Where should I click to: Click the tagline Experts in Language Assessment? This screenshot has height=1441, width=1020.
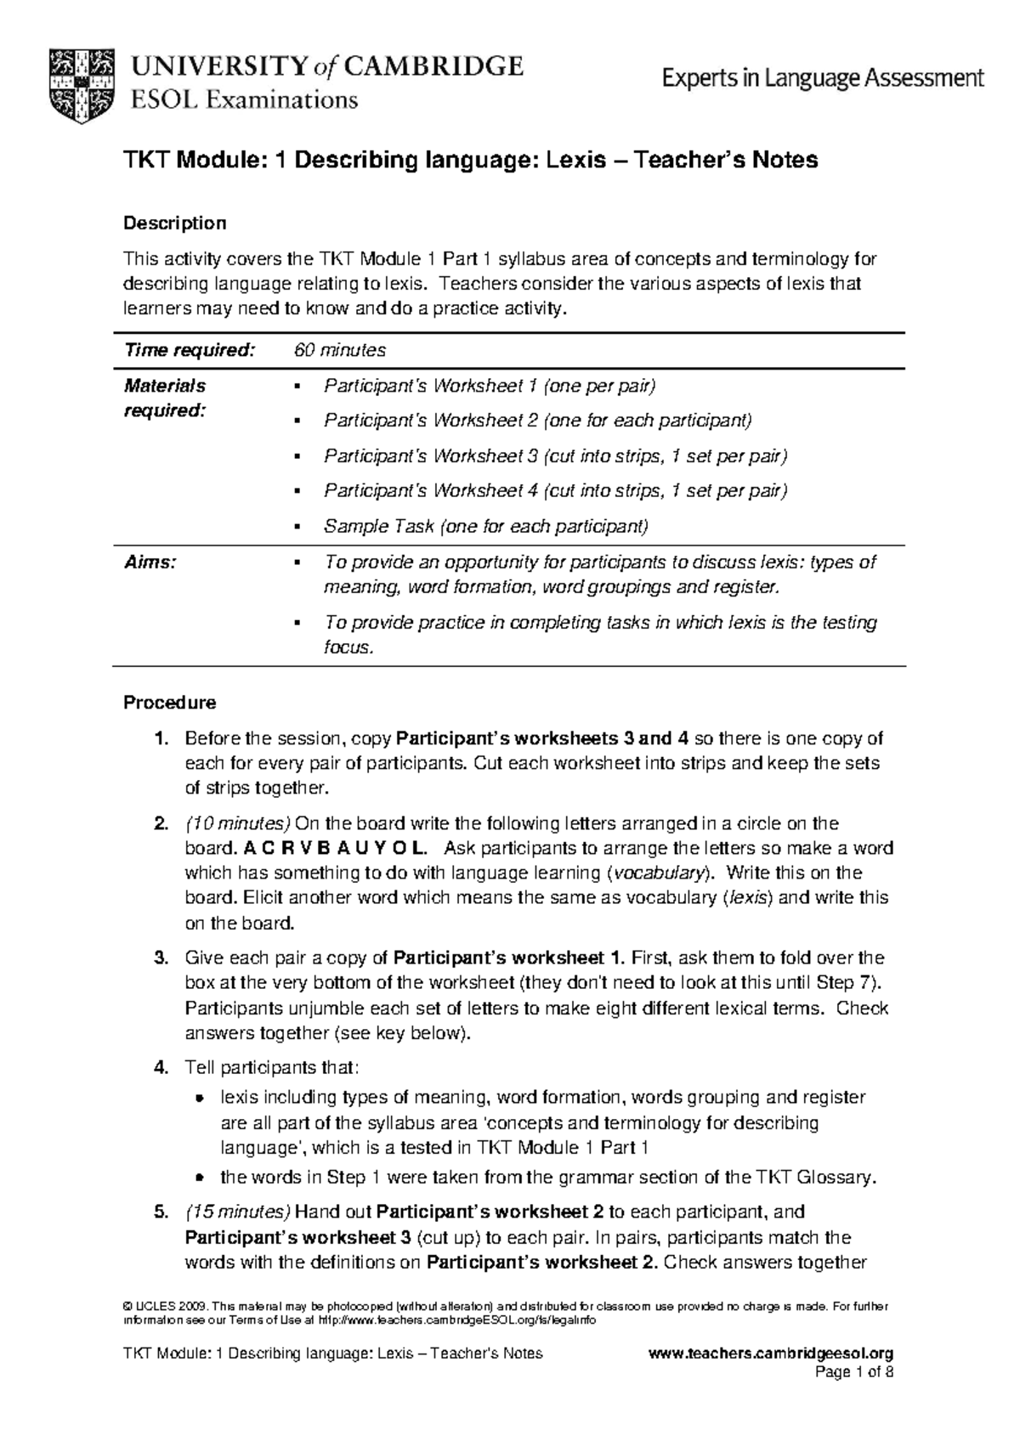click(823, 79)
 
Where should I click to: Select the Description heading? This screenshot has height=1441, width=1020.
click(175, 223)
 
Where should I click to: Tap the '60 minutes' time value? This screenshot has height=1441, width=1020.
click(339, 350)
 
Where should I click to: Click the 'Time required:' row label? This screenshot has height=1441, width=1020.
click(189, 350)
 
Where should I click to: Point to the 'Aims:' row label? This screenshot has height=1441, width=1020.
click(150, 562)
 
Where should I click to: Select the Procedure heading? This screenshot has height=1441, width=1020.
click(170, 703)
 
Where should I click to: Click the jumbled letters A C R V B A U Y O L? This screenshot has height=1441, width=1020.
click(331, 848)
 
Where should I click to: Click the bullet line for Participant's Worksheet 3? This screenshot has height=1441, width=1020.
click(556, 456)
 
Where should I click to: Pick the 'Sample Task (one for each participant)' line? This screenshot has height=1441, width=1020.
click(485, 527)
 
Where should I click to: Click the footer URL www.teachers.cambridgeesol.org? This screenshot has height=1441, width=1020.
click(770, 1353)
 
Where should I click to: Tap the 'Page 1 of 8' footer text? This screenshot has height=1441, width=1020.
click(854, 1372)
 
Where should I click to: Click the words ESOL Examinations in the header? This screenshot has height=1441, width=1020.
click(243, 100)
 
